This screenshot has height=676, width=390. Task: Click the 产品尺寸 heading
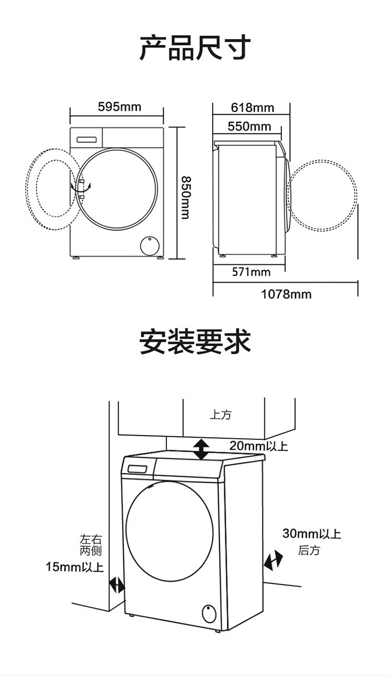point(195,48)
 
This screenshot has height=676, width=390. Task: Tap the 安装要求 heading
point(195,342)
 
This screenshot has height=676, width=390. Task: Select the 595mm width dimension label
point(120,107)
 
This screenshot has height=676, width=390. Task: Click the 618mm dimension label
point(252,107)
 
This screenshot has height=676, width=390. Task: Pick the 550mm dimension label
point(250,126)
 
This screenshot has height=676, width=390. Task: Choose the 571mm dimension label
point(251,272)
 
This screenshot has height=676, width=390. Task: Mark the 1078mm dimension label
point(286,294)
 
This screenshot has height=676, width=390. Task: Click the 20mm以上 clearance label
point(258,446)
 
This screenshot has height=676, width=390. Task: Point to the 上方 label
point(221,415)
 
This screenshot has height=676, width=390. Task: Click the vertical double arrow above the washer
point(201,449)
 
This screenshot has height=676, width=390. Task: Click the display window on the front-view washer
point(86,139)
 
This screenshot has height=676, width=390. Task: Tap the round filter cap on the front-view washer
point(150,245)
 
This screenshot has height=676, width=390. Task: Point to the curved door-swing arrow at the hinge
point(81,187)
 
